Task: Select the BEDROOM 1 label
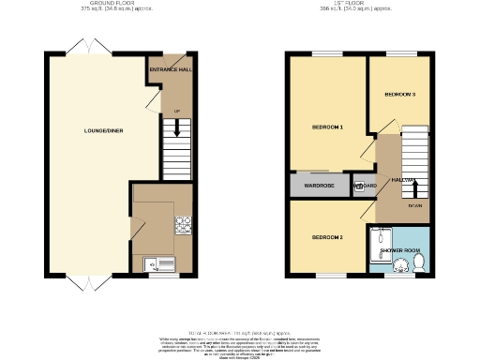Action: [327, 126]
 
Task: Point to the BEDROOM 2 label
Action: [327, 237]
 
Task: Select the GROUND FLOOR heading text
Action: [107, 5]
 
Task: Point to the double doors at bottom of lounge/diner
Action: [85, 281]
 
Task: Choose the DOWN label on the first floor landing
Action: [413, 205]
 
